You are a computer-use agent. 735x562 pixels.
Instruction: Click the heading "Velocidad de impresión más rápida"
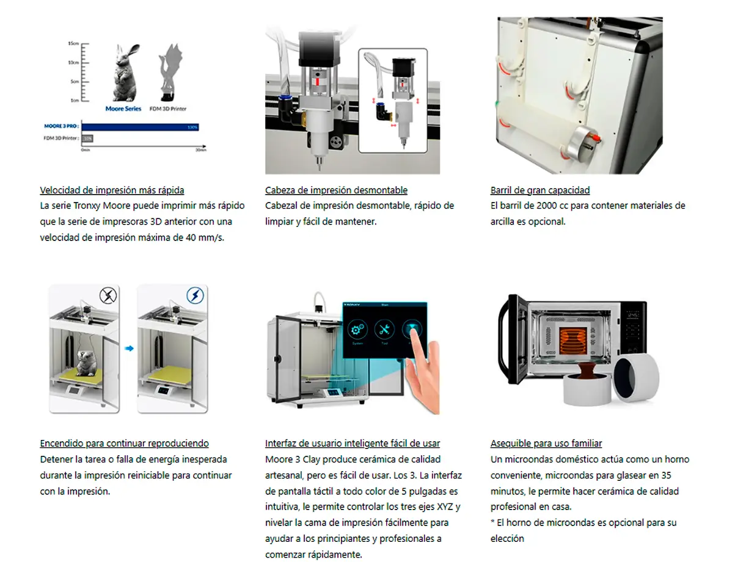pyautogui.click(x=112, y=190)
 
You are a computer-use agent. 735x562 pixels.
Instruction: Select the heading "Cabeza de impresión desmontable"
pyautogui.click(x=336, y=190)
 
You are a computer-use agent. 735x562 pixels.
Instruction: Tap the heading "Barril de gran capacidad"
pyautogui.click(x=539, y=190)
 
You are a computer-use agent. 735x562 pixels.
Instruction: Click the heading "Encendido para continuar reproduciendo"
pyautogui.click(x=124, y=444)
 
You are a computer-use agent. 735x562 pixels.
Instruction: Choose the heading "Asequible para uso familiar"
pyautogui.click(x=546, y=444)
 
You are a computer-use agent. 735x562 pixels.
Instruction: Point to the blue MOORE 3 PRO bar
pyautogui.click(x=141, y=127)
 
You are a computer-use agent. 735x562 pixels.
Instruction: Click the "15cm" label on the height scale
pyautogui.click(x=74, y=45)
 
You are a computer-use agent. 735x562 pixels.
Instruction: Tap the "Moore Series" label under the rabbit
pyautogui.click(x=123, y=109)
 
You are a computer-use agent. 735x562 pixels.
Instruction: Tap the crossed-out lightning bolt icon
pyautogui.click(x=108, y=297)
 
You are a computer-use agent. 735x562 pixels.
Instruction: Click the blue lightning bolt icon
pyautogui.click(x=196, y=297)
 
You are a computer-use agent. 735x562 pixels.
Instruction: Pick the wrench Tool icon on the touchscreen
pyautogui.click(x=385, y=330)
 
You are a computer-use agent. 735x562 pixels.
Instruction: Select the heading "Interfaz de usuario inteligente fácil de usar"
pyautogui.click(x=352, y=444)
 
